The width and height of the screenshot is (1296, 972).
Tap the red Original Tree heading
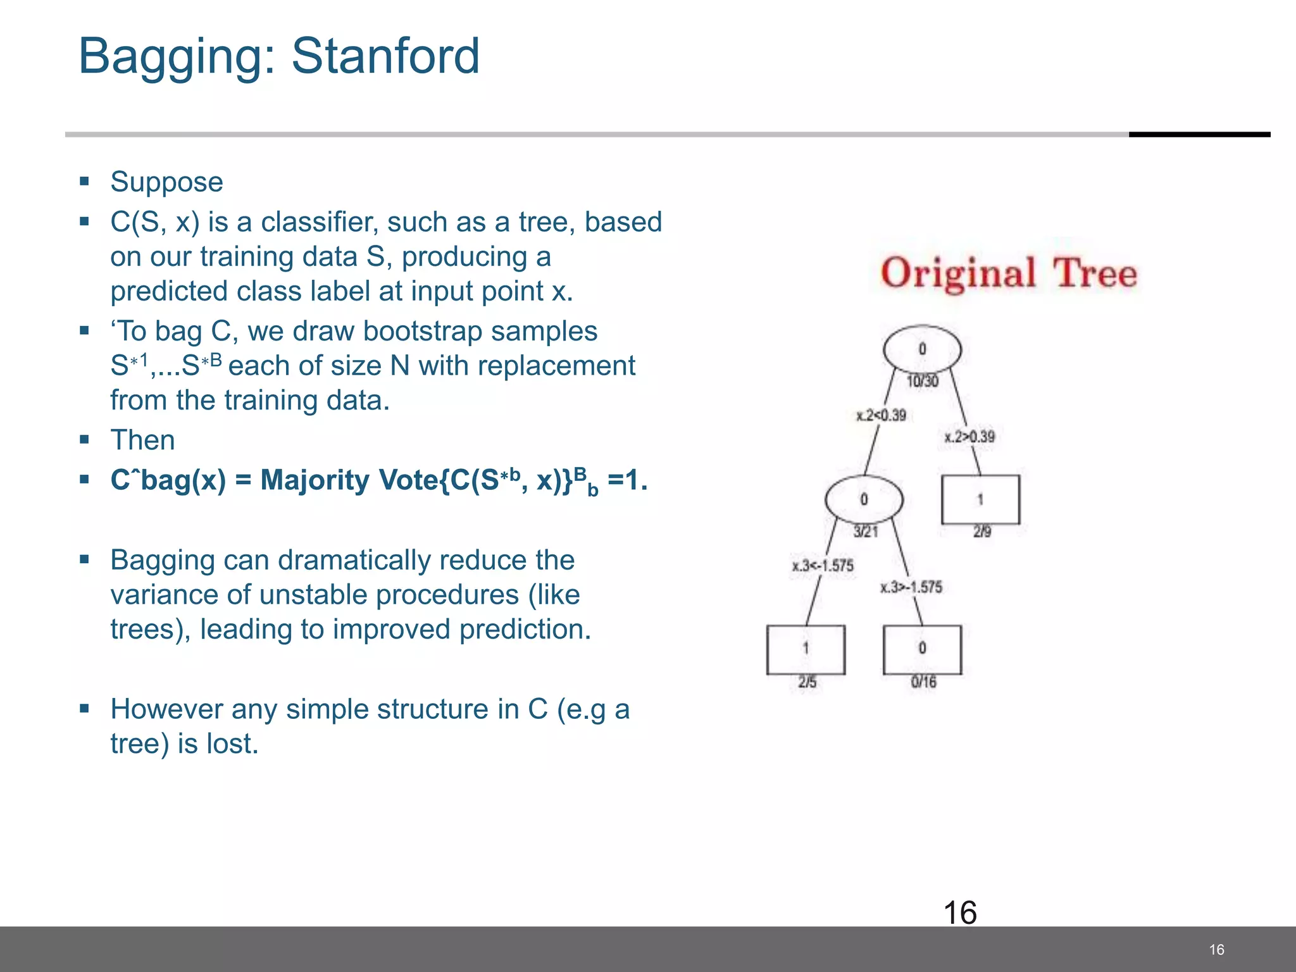tap(1009, 273)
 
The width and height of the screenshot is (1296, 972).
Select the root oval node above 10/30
tap(922, 349)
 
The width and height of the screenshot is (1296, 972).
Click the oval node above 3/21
tap(864, 499)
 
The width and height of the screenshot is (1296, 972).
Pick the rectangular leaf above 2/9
tap(980, 499)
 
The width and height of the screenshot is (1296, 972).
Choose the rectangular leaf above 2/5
tap(806, 649)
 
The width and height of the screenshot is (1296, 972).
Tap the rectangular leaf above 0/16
tap(922, 649)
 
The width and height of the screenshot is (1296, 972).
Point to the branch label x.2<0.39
tap(881, 416)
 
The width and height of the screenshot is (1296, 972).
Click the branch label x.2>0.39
tap(969, 437)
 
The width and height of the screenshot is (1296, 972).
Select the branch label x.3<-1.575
tap(823, 566)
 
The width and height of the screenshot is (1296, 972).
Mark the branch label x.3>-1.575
tap(911, 587)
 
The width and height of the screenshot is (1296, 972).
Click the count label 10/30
tap(923, 381)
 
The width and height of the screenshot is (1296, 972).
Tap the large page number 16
tap(960, 913)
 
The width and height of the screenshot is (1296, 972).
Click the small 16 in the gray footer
tap(1216, 949)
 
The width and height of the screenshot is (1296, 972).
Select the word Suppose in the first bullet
tap(166, 182)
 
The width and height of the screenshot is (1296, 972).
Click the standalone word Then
tap(142, 440)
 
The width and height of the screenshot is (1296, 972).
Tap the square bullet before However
tap(85, 708)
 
